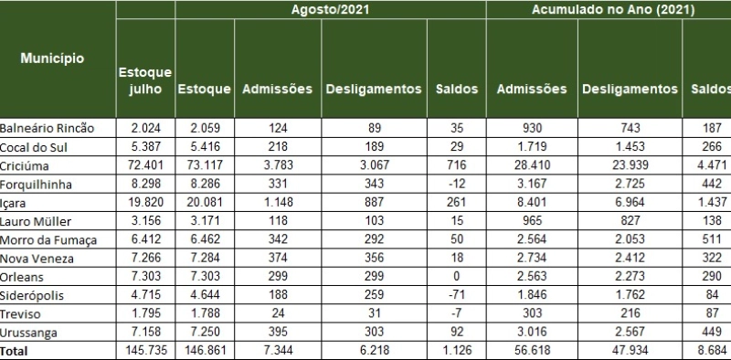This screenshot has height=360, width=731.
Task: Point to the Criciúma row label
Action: (25, 167)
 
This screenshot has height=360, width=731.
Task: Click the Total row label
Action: (16, 350)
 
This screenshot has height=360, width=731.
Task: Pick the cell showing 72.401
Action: (145, 167)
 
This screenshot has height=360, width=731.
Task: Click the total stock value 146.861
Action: (204, 350)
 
